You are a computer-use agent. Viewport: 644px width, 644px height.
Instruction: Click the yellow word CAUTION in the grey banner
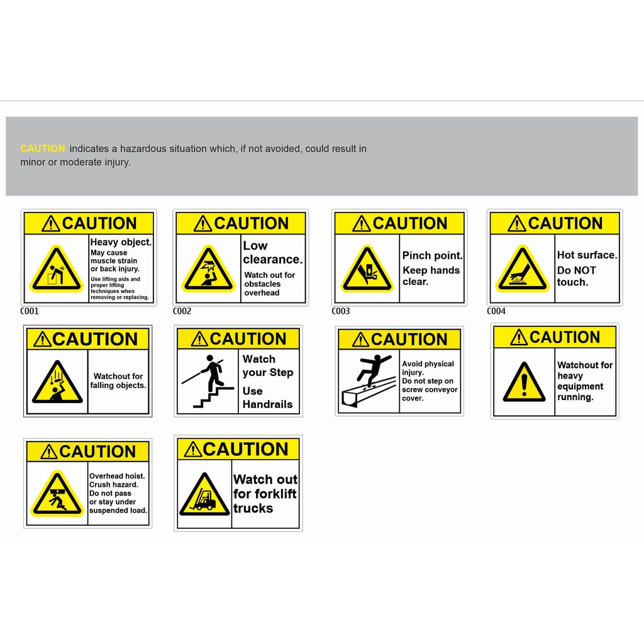tap(43, 149)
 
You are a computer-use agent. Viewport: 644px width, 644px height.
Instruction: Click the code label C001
tap(30, 311)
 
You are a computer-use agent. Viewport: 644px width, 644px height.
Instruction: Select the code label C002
tap(182, 311)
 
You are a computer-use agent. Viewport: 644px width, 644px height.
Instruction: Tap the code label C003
tap(341, 311)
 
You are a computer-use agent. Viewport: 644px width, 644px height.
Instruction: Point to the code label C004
tap(496, 311)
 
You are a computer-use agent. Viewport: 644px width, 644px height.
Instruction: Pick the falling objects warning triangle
tap(57, 384)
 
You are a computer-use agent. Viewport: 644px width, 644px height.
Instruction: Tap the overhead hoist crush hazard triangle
tap(58, 496)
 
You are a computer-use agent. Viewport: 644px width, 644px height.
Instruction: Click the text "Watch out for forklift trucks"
tap(265, 494)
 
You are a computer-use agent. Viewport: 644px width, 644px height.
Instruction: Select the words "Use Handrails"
tap(267, 397)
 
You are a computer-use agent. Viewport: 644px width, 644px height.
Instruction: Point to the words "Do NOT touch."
tap(575, 276)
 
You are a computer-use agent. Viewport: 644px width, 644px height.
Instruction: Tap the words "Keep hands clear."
tap(431, 276)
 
